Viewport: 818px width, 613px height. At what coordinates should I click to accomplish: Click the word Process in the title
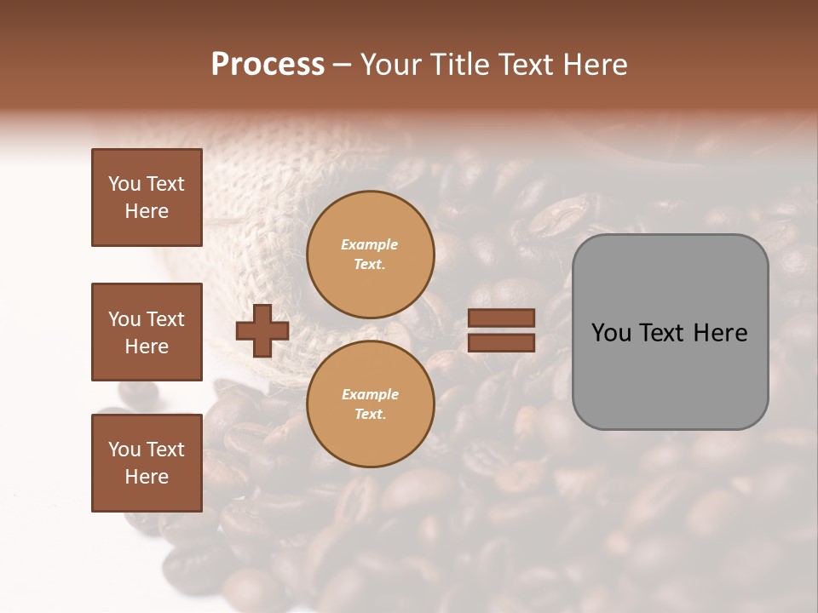(x=268, y=65)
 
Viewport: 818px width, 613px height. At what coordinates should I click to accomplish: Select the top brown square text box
(x=147, y=198)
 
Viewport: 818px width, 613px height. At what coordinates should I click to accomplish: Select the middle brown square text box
(x=147, y=332)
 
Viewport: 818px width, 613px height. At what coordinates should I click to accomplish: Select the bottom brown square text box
(x=147, y=462)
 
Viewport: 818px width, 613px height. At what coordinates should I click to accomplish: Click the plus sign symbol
(x=262, y=331)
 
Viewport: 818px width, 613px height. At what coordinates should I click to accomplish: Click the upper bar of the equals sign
(x=501, y=318)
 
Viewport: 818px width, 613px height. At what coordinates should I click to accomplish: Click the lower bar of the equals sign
(x=501, y=343)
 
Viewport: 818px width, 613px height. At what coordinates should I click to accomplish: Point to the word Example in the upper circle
(x=370, y=244)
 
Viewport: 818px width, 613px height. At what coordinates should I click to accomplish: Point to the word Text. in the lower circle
(x=370, y=414)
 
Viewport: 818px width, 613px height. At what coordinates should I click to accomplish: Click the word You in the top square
(x=124, y=184)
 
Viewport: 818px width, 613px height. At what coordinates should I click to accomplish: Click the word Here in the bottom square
(x=147, y=477)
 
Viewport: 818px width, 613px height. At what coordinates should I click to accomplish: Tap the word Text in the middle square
(x=165, y=319)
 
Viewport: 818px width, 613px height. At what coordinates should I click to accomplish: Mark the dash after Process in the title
(x=342, y=65)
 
